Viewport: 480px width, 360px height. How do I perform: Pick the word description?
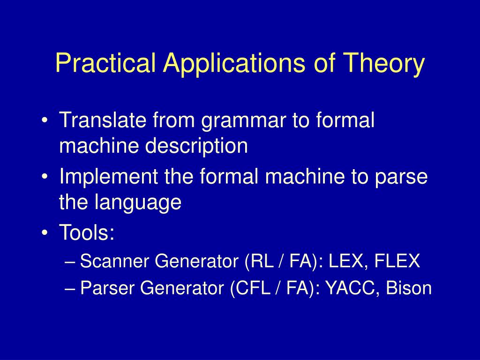196,146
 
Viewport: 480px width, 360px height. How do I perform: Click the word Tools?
87,232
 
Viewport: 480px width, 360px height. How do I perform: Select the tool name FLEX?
397,261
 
